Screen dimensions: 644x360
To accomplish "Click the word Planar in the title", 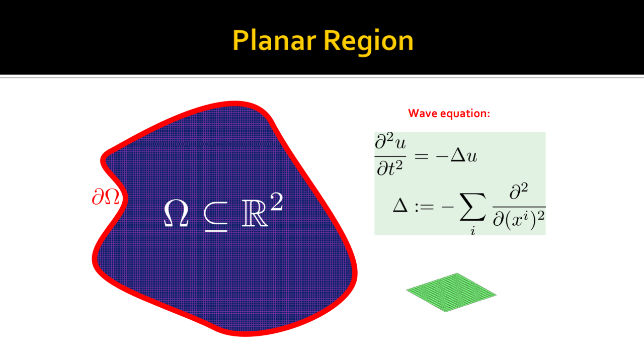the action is (x=275, y=41).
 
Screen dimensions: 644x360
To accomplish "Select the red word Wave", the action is (x=423, y=113).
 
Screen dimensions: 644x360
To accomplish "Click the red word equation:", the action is (x=465, y=114).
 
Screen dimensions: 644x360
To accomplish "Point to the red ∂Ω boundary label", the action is (x=106, y=197).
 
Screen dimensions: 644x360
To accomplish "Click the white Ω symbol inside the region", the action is (x=176, y=213).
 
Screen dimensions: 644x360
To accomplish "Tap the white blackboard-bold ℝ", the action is (x=254, y=213).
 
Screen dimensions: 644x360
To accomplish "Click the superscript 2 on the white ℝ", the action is (x=276, y=202).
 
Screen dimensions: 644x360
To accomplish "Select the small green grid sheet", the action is (x=451, y=292).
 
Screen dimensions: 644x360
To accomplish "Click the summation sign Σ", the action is (x=472, y=207).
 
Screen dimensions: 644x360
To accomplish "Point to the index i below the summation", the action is (x=472, y=230).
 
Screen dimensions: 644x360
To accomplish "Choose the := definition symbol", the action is (x=424, y=207).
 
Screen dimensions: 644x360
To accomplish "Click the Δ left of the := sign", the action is (x=400, y=206).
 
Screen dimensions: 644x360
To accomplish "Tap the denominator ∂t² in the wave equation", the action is (x=389, y=168).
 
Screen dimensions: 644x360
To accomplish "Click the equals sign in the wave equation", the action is (x=422, y=156).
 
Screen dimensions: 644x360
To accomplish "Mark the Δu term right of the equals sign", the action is (x=464, y=156).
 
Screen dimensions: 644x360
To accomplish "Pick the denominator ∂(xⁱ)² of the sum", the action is (x=519, y=220).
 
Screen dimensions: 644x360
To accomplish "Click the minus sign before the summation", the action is (x=448, y=207).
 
